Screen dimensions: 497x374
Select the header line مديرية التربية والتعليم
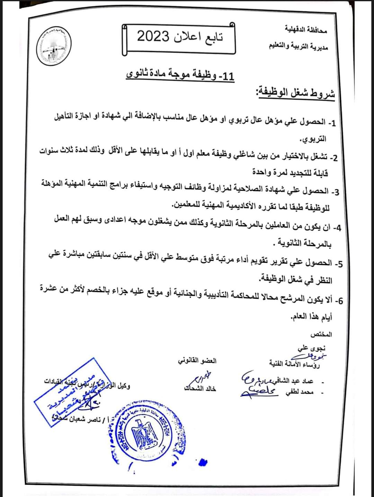299,46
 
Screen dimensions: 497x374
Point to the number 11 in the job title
228,76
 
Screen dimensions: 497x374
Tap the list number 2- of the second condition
333,158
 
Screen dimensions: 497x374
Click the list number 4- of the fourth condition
337,228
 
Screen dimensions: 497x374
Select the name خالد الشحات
200,389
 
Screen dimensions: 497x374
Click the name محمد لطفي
300,393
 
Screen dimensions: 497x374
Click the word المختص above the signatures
321,335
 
